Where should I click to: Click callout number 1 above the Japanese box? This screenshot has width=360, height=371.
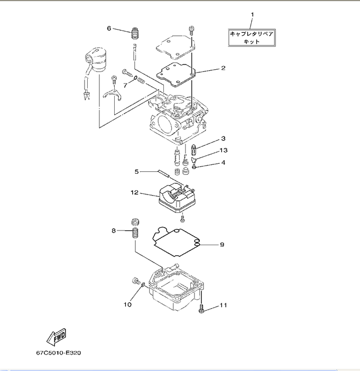point(252,13)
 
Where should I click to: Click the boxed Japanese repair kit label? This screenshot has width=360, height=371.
point(252,38)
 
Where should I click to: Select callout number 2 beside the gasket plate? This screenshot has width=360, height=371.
point(223,68)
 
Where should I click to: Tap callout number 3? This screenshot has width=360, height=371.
point(223,138)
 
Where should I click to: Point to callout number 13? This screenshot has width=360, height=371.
point(223,151)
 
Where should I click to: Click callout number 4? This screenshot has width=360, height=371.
point(223,162)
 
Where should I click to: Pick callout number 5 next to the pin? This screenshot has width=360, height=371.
point(136,171)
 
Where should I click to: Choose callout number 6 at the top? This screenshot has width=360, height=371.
point(109,28)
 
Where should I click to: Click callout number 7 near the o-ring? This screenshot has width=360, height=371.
point(126,85)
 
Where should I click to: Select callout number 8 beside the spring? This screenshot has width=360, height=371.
point(113,230)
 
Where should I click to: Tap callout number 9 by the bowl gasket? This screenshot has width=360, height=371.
point(222,245)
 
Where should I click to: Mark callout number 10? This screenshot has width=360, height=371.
point(127,304)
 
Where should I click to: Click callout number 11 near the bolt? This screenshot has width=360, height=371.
point(223,305)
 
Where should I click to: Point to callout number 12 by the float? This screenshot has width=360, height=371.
point(134,193)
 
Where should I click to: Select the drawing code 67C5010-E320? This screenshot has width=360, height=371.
point(59,351)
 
